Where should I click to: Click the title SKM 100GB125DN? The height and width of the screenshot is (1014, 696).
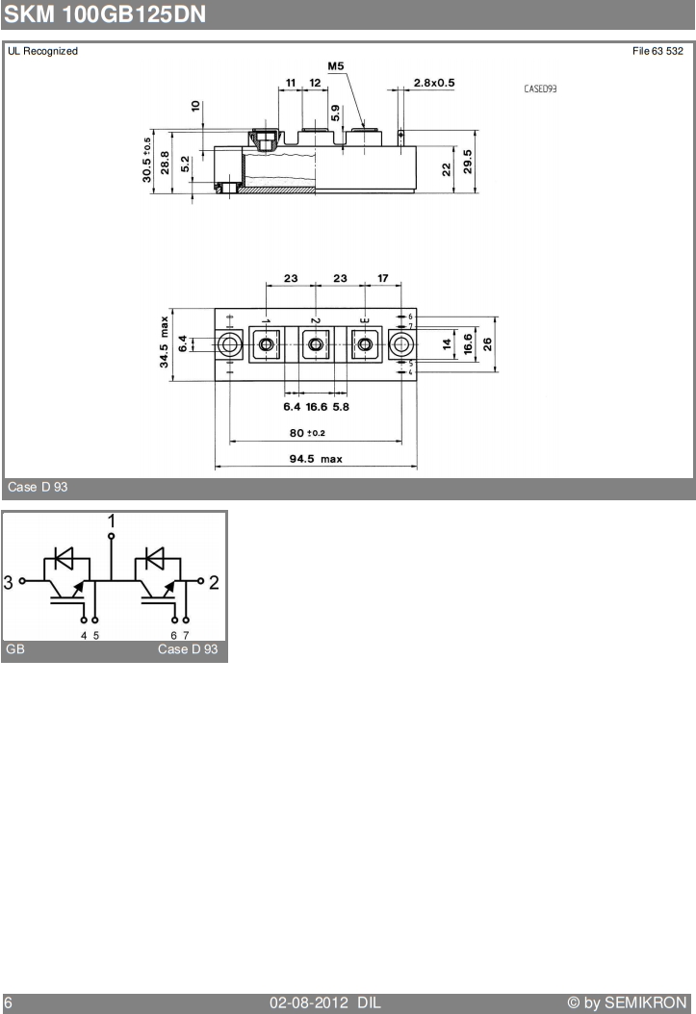tap(105, 14)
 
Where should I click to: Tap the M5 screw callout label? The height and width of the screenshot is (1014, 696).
tap(336, 66)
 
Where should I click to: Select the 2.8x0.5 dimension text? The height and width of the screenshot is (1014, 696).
tap(434, 83)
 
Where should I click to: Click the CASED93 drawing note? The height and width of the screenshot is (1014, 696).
tap(540, 89)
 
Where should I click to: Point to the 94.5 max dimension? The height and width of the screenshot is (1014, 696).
tap(316, 459)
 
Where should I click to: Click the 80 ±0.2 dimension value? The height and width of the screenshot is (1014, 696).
tap(307, 433)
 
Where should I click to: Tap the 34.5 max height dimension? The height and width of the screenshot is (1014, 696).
tap(164, 342)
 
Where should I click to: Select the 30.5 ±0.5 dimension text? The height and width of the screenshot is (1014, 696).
tap(147, 160)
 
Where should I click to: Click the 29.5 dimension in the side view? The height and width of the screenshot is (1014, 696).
tap(468, 162)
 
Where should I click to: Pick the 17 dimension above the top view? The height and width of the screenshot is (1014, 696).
tap(383, 278)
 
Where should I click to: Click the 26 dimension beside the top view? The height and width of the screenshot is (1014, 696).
tap(487, 344)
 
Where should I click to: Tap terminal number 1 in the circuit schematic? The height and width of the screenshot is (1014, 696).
tap(112, 521)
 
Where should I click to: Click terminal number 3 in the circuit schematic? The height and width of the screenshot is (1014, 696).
tap(8, 583)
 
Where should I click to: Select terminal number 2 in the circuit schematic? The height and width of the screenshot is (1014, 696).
tap(214, 583)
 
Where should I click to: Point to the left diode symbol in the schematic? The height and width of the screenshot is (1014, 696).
tap(64, 558)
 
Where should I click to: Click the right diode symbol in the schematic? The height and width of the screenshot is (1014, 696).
tap(155, 558)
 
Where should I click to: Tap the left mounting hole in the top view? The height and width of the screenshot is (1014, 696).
tap(230, 344)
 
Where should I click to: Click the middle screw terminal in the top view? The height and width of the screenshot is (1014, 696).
tap(316, 344)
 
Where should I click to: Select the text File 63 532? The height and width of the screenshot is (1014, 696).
tap(657, 51)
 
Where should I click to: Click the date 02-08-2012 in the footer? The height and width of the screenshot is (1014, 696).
tap(309, 1003)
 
